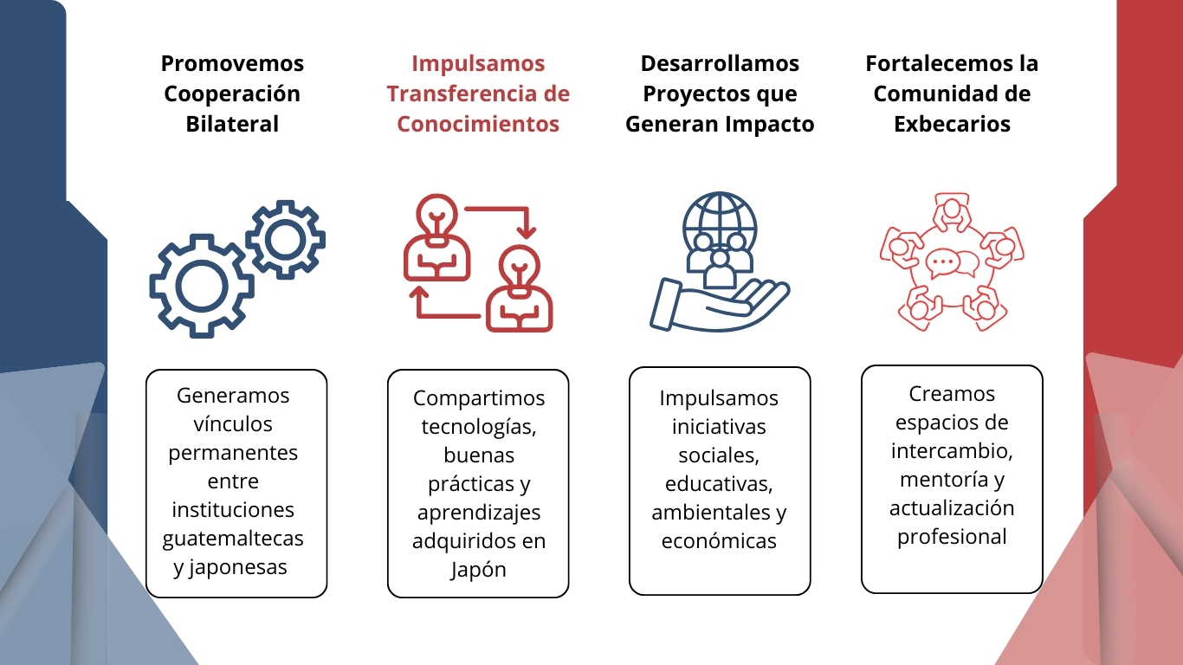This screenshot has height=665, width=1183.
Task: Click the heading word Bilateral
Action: pyautogui.click(x=232, y=124)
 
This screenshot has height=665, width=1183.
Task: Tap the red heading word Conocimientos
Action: pyautogui.click(x=478, y=124)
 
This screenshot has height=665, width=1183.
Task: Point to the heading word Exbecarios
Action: pyautogui.click(x=952, y=124)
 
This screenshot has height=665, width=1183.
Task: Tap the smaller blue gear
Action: pyautogui.click(x=285, y=240)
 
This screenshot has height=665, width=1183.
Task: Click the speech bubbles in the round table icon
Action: pyautogui.click(x=952, y=262)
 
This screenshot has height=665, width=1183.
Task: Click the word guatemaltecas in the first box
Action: pyautogui.click(x=234, y=539)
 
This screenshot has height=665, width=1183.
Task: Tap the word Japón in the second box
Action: pyautogui.click(x=478, y=570)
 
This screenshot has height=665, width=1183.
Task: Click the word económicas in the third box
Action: pyautogui.click(x=719, y=541)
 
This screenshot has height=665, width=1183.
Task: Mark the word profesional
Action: pyautogui.click(x=952, y=536)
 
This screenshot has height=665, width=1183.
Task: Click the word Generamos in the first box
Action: pyautogui.click(x=233, y=396)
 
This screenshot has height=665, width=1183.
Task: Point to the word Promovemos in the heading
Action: pyautogui.click(x=232, y=63)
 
